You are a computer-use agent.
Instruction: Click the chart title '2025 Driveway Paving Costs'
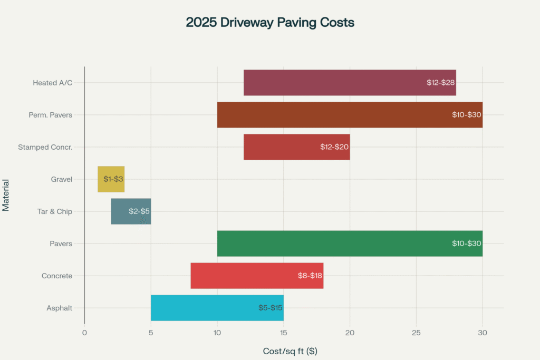coord(270,23)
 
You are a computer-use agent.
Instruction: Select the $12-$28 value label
coord(441,83)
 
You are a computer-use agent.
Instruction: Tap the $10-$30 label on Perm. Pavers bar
coord(466,115)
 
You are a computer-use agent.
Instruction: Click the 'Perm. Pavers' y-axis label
coord(51,115)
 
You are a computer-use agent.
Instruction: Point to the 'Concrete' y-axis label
coord(57,276)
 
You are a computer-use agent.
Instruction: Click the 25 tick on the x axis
coord(416,333)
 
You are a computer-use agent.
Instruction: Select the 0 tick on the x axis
coord(84,333)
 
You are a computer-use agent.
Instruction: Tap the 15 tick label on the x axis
coord(284,333)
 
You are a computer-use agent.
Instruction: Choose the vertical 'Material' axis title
coord(6,195)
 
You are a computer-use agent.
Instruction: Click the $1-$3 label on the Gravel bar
coord(113,179)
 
